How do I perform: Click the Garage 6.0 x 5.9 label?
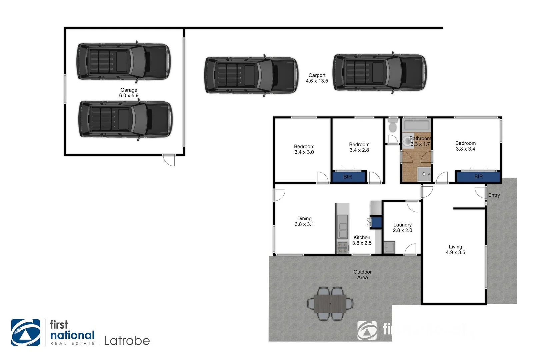click(x=129, y=93)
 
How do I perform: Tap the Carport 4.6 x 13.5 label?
click(x=317, y=78)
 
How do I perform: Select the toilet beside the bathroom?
click(x=393, y=126)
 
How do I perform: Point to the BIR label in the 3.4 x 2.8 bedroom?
click(x=348, y=177)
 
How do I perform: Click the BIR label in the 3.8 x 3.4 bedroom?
click(x=478, y=176)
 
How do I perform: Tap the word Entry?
click(x=494, y=195)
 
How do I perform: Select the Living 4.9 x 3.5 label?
click(x=455, y=249)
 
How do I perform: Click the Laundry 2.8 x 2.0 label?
click(x=402, y=227)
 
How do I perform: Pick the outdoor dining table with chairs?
click(x=330, y=304)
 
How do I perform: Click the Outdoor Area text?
click(x=362, y=275)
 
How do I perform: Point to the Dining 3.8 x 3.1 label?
click(x=304, y=221)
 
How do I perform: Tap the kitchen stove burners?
click(x=342, y=247)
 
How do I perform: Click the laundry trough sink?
click(x=389, y=247)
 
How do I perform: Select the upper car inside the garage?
click(x=123, y=62)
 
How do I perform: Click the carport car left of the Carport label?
click(x=251, y=75)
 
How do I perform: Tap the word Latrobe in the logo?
click(x=127, y=341)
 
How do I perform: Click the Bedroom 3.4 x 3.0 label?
click(x=304, y=149)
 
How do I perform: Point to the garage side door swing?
click(x=169, y=160)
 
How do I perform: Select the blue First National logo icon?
click(x=26, y=332)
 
